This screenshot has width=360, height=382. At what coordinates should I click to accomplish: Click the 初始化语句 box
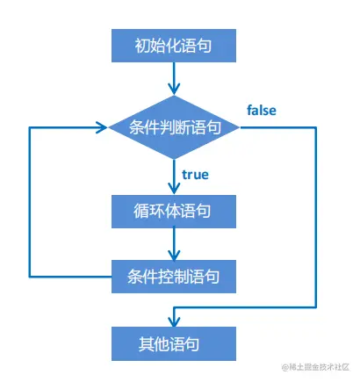pos(174,45)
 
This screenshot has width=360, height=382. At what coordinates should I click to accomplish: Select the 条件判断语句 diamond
pos(174,127)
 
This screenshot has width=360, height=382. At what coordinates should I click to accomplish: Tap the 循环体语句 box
pos(174,212)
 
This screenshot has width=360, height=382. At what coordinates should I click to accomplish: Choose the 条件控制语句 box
pos(174,277)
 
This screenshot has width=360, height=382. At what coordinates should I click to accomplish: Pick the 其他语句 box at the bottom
pos(174,342)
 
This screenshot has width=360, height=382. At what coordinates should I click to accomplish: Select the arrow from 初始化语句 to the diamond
pos(174,80)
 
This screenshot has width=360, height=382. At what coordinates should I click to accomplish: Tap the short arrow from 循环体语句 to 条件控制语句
pos(174,245)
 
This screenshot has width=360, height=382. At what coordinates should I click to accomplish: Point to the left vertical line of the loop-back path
pos(32,202)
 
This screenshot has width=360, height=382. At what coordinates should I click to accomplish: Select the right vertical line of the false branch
pos(315,220)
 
